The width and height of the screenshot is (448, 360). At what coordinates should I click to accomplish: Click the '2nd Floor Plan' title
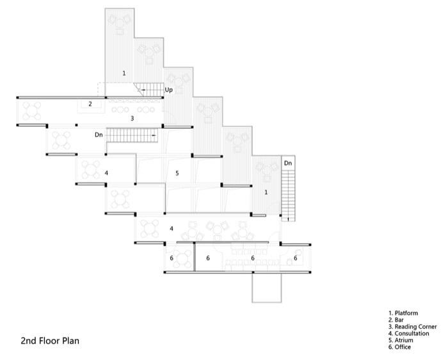click(x=50, y=341)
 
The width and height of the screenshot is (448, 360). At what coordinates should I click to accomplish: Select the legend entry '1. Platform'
click(x=403, y=313)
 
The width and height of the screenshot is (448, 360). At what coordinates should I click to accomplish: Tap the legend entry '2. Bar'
click(x=396, y=320)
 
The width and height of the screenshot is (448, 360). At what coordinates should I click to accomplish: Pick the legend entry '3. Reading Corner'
click(x=413, y=327)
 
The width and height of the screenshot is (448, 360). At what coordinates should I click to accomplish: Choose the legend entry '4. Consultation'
click(x=409, y=333)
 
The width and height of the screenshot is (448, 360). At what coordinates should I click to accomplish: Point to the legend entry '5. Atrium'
click(x=401, y=340)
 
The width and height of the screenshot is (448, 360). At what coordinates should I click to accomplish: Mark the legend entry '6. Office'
click(x=400, y=347)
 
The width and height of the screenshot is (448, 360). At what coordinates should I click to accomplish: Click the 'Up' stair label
click(x=168, y=90)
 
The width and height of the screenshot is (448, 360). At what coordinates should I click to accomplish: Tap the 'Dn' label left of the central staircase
click(x=99, y=135)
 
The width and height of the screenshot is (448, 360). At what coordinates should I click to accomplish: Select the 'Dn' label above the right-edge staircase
click(x=288, y=163)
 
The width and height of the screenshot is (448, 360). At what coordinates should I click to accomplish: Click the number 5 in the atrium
click(x=177, y=173)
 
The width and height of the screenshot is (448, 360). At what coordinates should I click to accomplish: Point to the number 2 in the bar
click(x=90, y=104)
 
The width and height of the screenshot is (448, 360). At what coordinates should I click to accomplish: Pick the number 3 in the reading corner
click(x=132, y=118)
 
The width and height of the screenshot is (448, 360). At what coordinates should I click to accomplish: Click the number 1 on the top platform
click(x=124, y=73)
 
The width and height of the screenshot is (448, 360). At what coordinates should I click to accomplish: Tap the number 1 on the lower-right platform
click(x=266, y=192)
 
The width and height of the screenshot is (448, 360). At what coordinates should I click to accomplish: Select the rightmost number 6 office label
click(x=296, y=258)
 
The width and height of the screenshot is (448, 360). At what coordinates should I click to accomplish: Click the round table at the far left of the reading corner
click(x=32, y=111)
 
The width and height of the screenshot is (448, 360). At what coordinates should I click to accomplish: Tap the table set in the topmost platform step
click(x=120, y=24)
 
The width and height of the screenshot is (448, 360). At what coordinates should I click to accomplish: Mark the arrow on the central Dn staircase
click(x=154, y=135)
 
